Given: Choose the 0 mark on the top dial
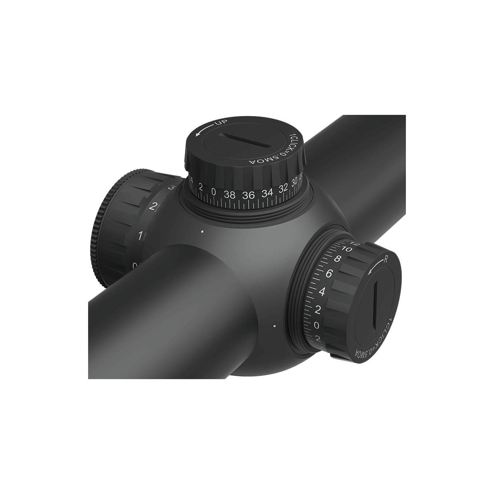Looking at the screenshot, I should (x=213, y=191).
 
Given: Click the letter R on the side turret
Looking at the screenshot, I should (x=386, y=259).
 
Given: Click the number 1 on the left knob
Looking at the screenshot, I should (x=141, y=236).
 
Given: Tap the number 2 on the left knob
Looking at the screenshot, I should (x=154, y=207).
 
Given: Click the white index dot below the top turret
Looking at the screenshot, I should (x=202, y=232).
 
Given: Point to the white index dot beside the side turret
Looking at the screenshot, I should (x=274, y=326).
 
